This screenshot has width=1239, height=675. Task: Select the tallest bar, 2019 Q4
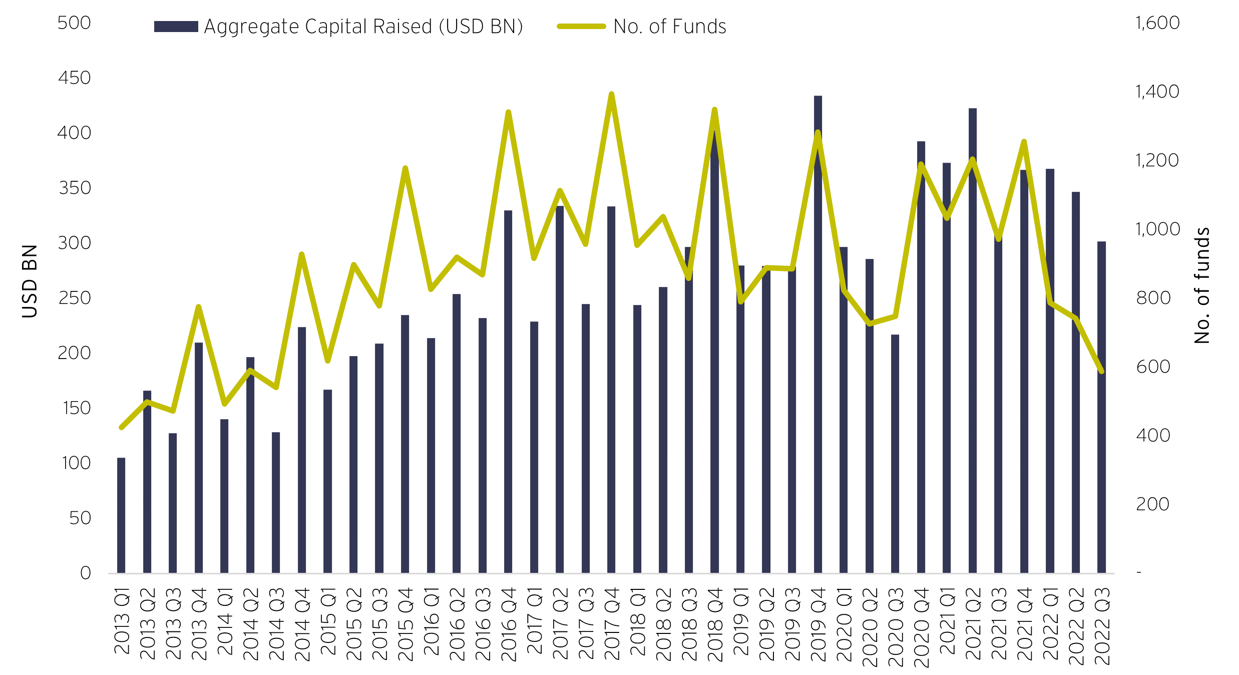tap(817, 351)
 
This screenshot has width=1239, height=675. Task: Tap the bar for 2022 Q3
tap(1101, 451)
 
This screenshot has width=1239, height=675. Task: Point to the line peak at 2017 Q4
tap(611, 94)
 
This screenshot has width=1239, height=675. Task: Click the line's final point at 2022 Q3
tap(1101, 372)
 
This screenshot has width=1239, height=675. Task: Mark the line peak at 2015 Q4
tap(405, 168)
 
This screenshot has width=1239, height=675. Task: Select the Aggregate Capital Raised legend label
tap(363, 27)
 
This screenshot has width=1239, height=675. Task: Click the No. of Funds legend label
tap(670, 27)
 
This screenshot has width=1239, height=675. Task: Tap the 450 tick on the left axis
tap(74, 78)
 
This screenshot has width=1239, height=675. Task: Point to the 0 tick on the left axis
tap(86, 573)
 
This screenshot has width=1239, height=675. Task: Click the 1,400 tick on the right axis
tap(1157, 92)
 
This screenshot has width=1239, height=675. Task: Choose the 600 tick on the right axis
tap(1153, 367)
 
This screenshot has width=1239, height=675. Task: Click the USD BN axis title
tap(30, 281)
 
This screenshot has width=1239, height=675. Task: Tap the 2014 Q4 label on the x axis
tap(302, 624)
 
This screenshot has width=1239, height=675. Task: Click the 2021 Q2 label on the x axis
tap(973, 624)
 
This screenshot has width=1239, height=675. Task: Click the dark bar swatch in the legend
tap(176, 27)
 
